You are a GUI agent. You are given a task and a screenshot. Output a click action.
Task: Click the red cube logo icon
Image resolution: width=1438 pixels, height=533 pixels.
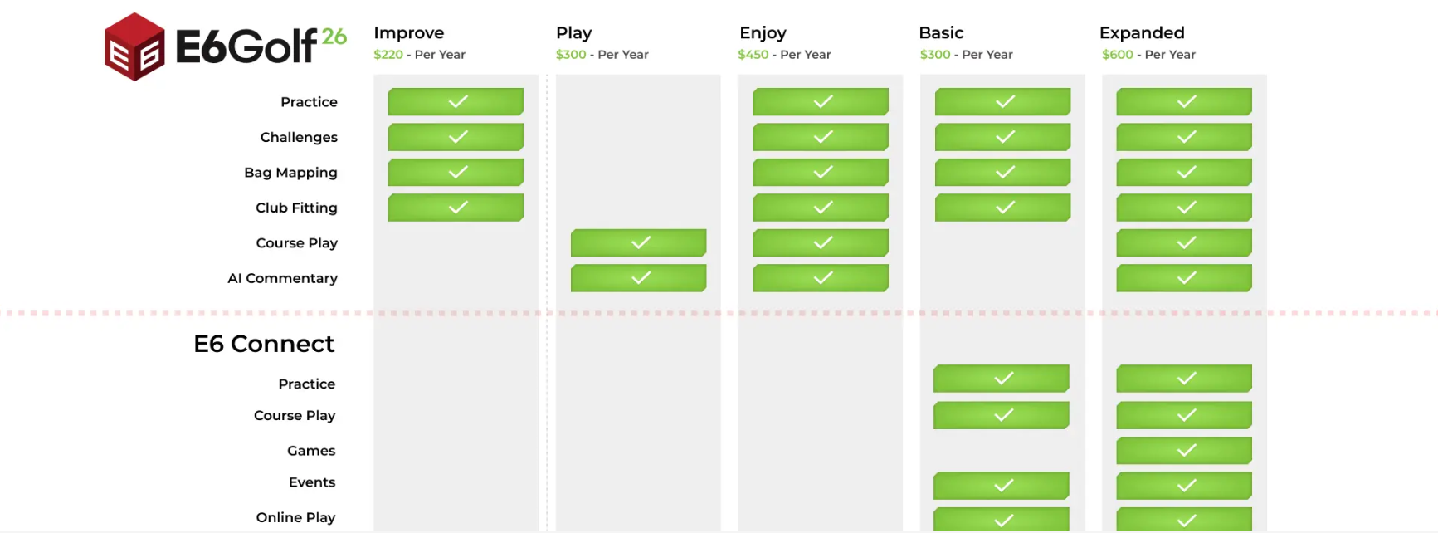coord(134,46)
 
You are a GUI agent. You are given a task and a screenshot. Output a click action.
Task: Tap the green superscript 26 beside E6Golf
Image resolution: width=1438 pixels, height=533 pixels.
coord(334,37)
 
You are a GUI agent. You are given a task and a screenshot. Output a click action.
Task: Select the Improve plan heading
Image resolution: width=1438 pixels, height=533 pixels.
coord(409,33)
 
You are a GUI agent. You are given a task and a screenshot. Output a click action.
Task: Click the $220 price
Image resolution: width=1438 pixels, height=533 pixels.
coord(388,55)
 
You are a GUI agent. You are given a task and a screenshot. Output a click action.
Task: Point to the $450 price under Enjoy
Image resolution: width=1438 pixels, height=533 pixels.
coord(753,55)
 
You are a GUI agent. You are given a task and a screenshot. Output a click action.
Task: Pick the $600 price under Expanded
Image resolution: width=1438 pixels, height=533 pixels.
coord(1118,55)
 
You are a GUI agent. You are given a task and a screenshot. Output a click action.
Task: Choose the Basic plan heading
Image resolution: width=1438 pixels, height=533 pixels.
coord(941,33)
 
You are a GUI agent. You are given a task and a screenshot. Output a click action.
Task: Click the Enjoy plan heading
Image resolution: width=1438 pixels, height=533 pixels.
coord(763,33)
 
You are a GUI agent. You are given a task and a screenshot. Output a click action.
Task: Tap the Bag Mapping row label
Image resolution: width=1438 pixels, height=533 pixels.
coord(290,173)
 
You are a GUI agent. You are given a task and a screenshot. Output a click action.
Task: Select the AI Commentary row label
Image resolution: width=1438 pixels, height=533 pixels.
coord(282,278)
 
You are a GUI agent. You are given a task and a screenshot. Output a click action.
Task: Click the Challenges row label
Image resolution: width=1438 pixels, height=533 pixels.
coord(299,138)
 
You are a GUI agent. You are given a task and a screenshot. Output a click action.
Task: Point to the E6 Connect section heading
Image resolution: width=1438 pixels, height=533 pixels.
coord(264,344)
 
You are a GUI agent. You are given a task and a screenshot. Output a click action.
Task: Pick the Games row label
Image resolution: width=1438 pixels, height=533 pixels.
coord(311,451)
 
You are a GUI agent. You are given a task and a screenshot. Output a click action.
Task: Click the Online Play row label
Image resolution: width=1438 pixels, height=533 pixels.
coord(295,517)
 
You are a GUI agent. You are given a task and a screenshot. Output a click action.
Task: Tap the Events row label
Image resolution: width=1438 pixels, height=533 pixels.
coord(312,482)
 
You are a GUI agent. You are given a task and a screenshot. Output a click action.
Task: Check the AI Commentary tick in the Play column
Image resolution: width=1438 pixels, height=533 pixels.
coord(639,277)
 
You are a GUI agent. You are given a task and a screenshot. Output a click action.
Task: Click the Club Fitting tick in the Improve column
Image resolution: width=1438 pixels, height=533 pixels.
coord(456,208)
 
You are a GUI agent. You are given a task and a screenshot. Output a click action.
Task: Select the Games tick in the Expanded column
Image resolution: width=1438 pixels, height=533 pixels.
coord(1184,450)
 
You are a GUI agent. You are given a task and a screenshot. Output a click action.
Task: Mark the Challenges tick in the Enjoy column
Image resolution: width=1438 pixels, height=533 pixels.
coord(821,137)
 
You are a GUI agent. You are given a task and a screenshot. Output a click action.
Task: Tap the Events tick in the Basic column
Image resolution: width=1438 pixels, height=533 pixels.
coord(1002,485)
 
